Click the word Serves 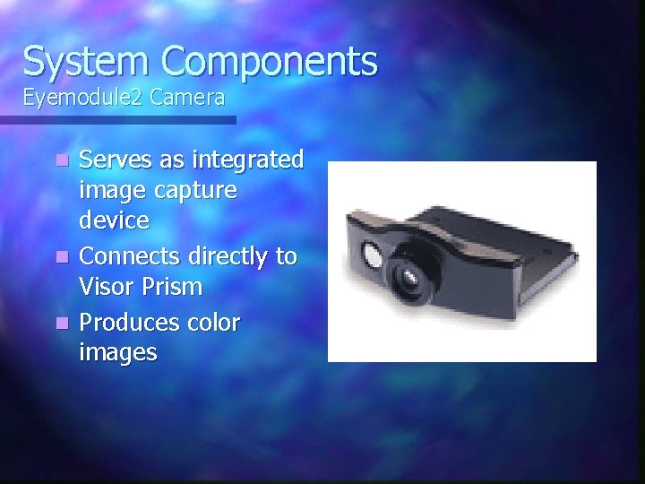(x=115, y=160)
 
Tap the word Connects (x=128, y=257)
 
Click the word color (x=214, y=323)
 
